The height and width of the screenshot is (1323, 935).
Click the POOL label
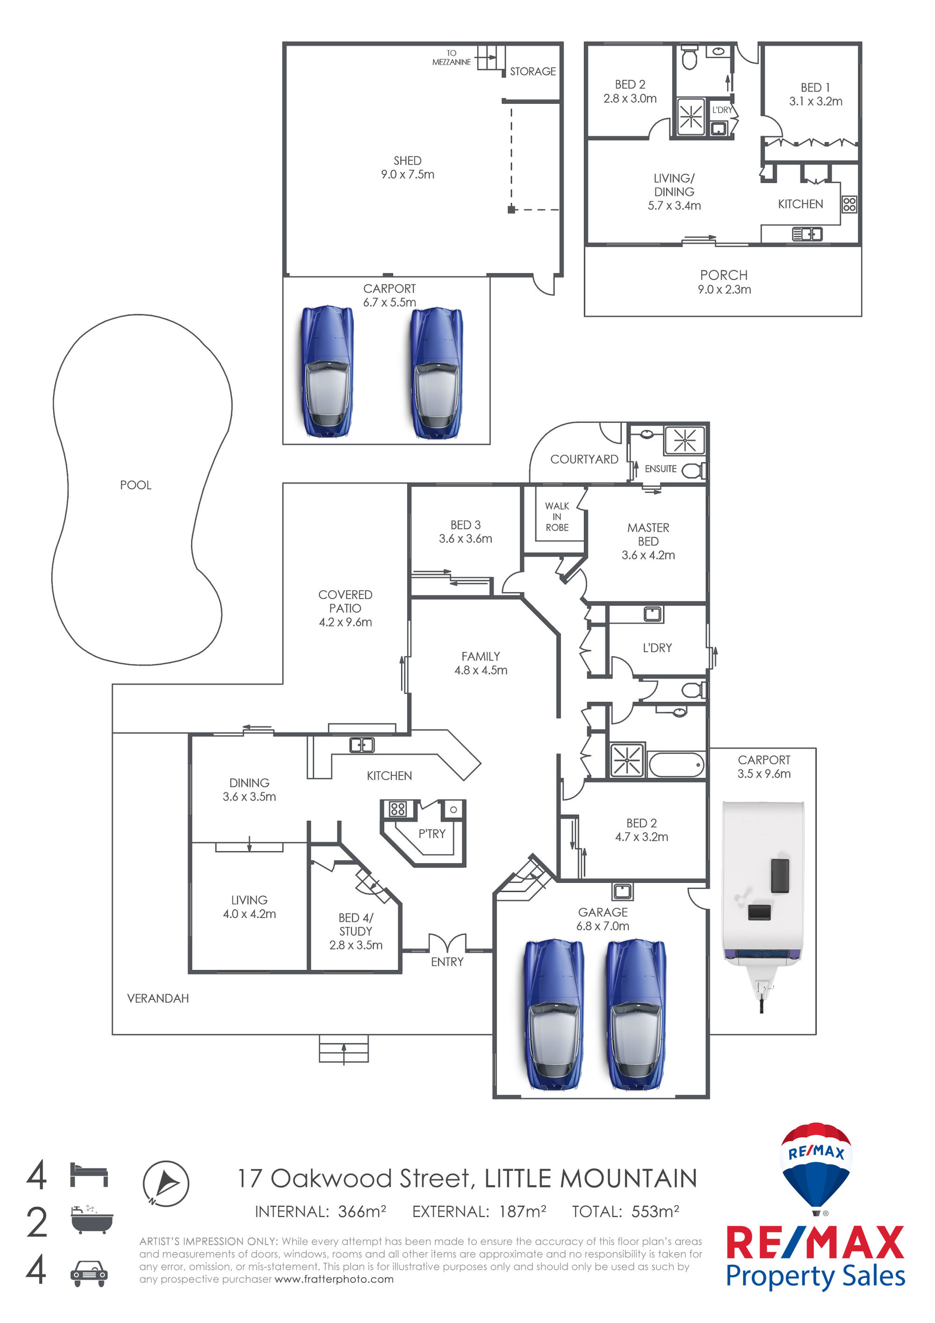click(x=136, y=485)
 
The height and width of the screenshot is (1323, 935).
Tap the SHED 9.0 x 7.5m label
click(x=407, y=167)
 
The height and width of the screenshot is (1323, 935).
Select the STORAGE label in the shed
click(x=533, y=72)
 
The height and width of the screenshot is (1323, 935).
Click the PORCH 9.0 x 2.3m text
click(x=724, y=282)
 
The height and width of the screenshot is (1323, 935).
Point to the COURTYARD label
click(x=584, y=459)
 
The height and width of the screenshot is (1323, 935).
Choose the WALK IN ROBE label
click(x=557, y=516)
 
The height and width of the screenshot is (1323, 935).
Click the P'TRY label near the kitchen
click(x=432, y=834)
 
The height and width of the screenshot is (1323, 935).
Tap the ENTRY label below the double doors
click(x=447, y=962)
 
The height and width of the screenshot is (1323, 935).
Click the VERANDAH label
click(x=158, y=998)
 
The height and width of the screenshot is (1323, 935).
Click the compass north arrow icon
click(x=166, y=1183)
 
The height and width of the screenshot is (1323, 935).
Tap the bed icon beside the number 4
click(x=89, y=1175)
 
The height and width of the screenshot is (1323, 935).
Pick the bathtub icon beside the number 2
click(x=92, y=1219)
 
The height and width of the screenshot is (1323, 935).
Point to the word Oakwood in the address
click(x=330, y=1179)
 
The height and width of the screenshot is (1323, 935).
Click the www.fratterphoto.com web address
click(x=334, y=1279)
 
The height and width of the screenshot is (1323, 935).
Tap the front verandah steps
click(x=344, y=1048)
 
